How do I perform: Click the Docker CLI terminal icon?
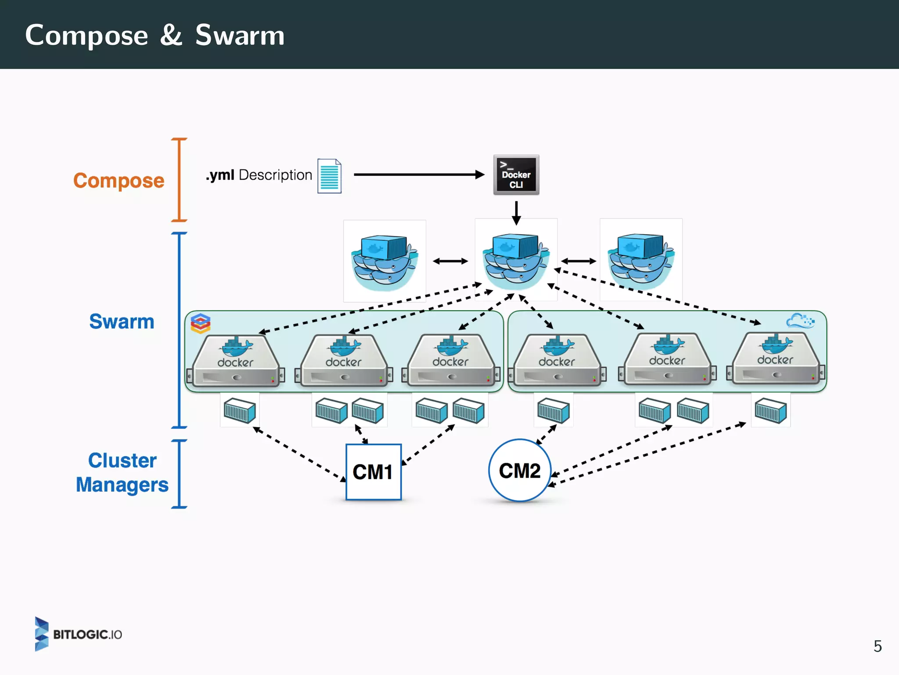click(x=516, y=175)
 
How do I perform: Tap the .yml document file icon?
click(x=329, y=176)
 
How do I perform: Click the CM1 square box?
click(x=373, y=472)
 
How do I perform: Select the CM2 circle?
click(x=520, y=471)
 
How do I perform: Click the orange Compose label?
click(x=119, y=181)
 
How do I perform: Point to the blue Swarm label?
click(x=122, y=322)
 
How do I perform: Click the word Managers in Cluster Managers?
click(x=122, y=485)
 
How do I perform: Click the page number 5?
click(x=877, y=646)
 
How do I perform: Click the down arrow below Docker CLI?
click(x=516, y=213)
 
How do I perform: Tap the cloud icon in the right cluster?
click(x=800, y=321)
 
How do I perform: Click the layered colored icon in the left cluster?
click(x=201, y=323)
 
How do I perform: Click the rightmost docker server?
click(x=776, y=359)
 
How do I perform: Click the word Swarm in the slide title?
click(x=240, y=35)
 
